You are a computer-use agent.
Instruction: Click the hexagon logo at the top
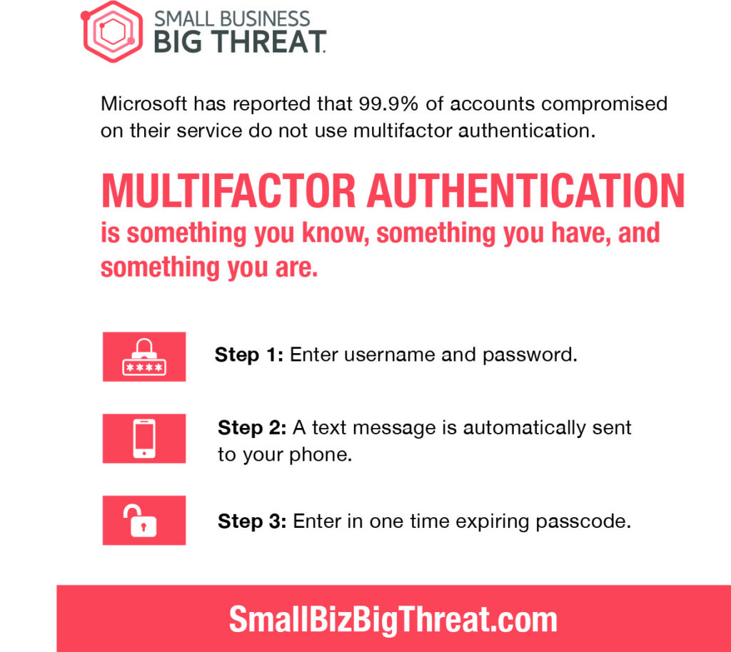(x=112, y=31)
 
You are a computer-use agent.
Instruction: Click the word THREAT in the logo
(x=269, y=42)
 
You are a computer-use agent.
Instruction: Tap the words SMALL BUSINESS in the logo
(x=232, y=19)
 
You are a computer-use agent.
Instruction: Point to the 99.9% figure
(x=388, y=103)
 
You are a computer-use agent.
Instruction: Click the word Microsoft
(x=144, y=103)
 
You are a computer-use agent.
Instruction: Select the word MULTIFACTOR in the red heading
(x=228, y=191)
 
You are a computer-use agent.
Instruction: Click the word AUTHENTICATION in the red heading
(x=525, y=191)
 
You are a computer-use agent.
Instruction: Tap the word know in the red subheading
(x=333, y=233)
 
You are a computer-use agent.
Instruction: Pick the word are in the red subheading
(x=296, y=268)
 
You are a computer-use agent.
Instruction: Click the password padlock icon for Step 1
(x=144, y=357)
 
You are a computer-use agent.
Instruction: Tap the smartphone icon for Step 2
(x=144, y=439)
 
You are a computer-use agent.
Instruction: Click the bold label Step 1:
(x=249, y=355)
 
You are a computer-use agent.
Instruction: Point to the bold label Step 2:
(x=252, y=428)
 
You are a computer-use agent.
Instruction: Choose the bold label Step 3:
(x=252, y=521)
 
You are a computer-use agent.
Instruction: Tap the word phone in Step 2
(x=321, y=455)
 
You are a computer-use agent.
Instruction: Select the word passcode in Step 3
(x=583, y=522)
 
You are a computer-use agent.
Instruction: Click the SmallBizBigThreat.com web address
(x=393, y=619)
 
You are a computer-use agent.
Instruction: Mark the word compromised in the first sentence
(x=604, y=104)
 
